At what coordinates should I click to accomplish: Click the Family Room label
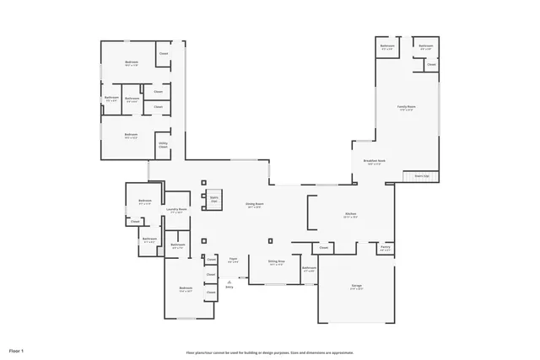(x=406, y=106)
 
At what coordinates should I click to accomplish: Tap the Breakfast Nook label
(x=375, y=160)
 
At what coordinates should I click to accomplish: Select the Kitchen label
(x=351, y=214)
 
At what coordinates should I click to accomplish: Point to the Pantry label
(x=385, y=248)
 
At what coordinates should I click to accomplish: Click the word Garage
(x=357, y=286)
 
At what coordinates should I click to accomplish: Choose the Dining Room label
(x=254, y=204)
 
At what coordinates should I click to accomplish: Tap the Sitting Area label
(x=276, y=261)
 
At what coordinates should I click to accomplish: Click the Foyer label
(x=233, y=258)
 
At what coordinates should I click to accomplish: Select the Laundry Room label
(x=176, y=209)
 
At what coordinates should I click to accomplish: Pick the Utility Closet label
(x=162, y=145)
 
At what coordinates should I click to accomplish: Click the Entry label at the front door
(x=229, y=287)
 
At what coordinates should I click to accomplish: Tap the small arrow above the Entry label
(x=229, y=281)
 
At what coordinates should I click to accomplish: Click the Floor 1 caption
(x=17, y=349)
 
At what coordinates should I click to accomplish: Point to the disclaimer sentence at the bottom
(x=270, y=352)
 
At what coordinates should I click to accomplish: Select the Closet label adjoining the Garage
(x=323, y=248)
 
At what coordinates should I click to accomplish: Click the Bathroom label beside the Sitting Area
(x=309, y=269)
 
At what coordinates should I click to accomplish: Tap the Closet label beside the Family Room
(x=431, y=64)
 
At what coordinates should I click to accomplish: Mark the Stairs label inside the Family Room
(x=420, y=175)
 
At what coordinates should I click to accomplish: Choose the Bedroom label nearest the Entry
(x=186, y=288)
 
